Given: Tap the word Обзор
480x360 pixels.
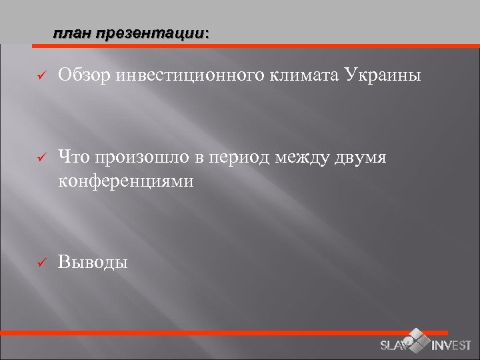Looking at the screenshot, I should [84, 75].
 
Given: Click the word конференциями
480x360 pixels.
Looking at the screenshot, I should [126, 180].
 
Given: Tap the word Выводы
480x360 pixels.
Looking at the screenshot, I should [92, 262].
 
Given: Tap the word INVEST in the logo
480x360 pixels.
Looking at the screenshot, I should [451, 345].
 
